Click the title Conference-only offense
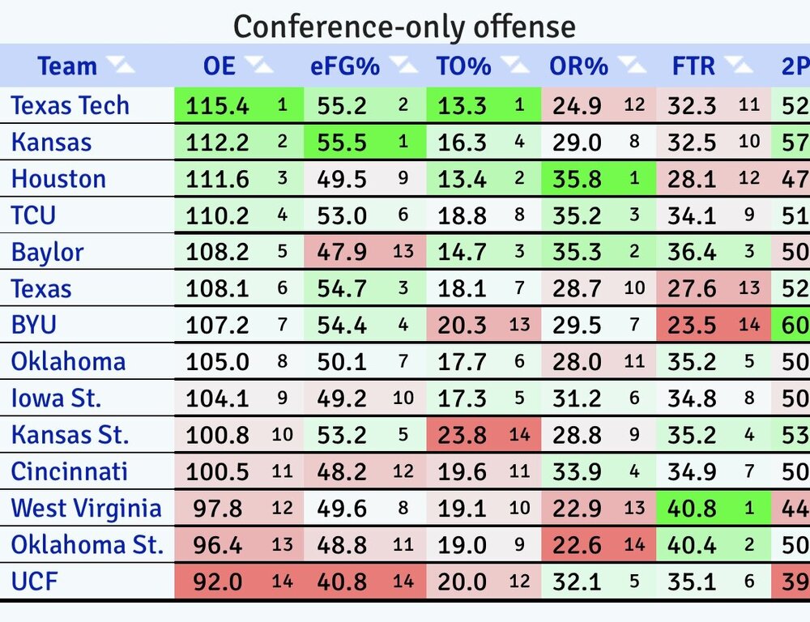click(x=404, y=27)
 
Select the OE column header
click(x=220, y=66)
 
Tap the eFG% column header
click(x=345, y=66)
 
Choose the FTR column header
click(x=693, y=66)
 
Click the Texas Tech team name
click(x=70, y=105)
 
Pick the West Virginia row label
click(x=87, y=509)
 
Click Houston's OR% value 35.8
click(x=578, y=179)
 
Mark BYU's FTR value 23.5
click(x=693, y=326)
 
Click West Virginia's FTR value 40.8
click(x=693, y=509)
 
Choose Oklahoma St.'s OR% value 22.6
click(x=578, y=546)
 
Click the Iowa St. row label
click(x=57, y=399)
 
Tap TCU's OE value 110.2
click(x=217, y=216)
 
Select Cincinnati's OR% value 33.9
click(x=578, y=472)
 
